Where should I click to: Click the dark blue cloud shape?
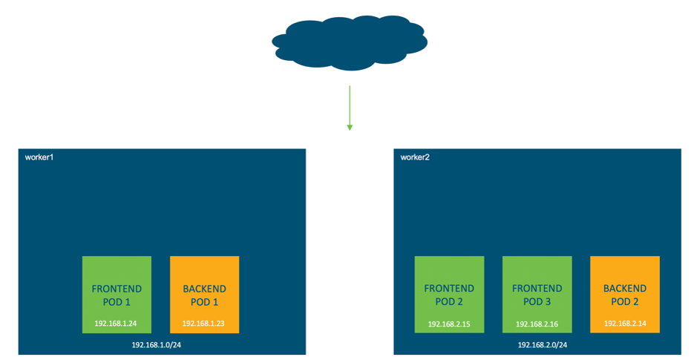point(349,42)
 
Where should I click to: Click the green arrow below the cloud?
point(349,108)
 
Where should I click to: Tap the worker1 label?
point(40,157)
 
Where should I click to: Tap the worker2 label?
point(416,157)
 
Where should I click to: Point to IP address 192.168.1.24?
point(117,324)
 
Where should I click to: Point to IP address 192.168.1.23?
point(204,324)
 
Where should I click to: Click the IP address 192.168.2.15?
point(449,324)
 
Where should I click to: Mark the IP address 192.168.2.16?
point(537,324)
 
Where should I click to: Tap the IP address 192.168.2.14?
point(624,324)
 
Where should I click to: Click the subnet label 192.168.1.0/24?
point(160,345)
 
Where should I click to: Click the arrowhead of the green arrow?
point(349,128)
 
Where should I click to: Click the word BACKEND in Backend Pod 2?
point(624,288)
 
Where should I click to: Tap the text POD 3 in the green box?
point(537,301)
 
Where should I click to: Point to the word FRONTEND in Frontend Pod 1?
point(117,288)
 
